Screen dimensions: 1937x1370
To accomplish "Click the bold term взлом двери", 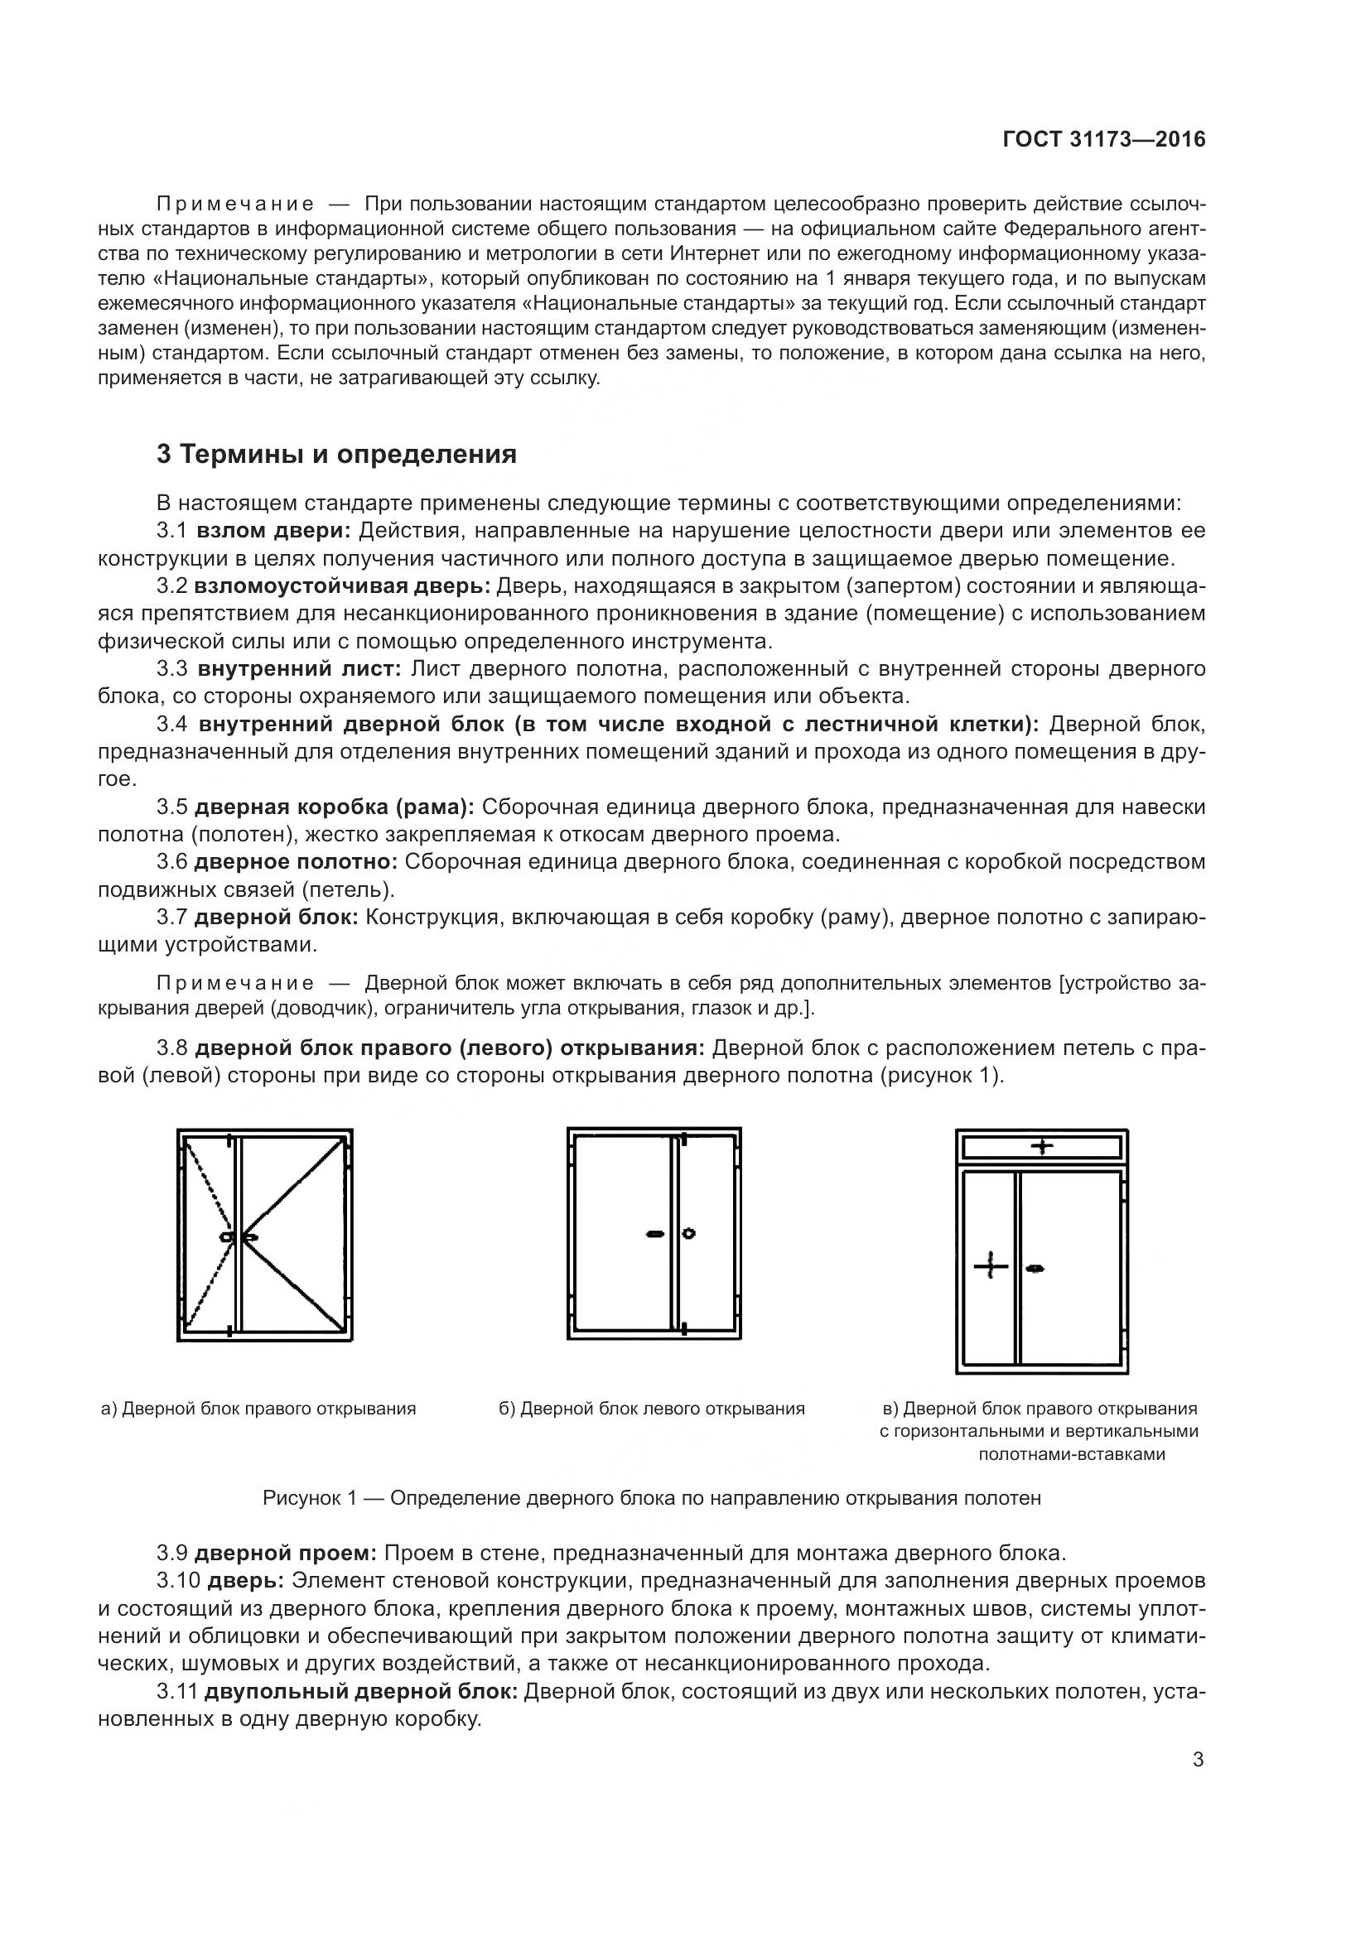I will pos(273,531).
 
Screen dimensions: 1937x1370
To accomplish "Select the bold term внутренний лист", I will pos(301,669).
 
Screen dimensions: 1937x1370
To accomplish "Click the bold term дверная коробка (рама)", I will pos(334,807).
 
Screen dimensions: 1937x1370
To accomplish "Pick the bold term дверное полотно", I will pos(296,862).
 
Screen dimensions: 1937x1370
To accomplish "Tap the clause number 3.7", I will pos(171,917).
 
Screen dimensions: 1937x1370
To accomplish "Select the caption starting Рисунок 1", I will pos(651,1497).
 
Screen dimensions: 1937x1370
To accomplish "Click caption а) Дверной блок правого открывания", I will pos(258,1409).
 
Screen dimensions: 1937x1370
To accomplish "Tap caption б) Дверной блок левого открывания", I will pos(651,1409).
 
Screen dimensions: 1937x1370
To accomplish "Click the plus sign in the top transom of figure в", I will pos(1043,1146).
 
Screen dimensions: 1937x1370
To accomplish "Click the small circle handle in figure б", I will pos(688,1233).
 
